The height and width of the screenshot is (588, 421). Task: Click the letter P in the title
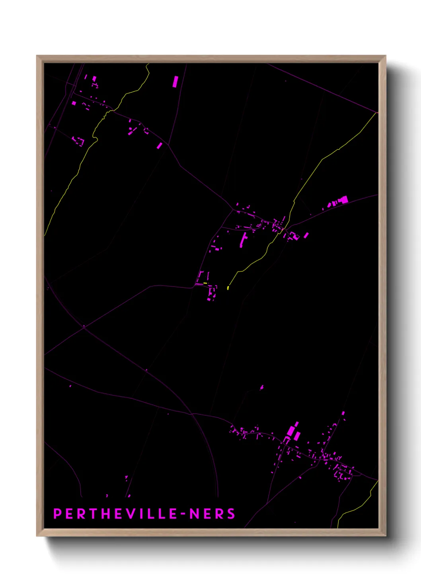coord(57,514)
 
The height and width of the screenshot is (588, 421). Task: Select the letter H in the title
coord(107,514)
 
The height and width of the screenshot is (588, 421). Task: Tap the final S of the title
coord(231,514)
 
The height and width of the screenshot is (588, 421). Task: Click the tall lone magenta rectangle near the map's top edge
coord(175,81)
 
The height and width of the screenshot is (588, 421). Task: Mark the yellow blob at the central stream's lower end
coord(228,288)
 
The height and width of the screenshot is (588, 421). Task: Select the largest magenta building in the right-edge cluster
coord(344,199)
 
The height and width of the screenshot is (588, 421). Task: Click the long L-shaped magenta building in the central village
coord(243,240)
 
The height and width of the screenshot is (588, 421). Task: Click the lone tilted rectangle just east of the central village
coord(306,235)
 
